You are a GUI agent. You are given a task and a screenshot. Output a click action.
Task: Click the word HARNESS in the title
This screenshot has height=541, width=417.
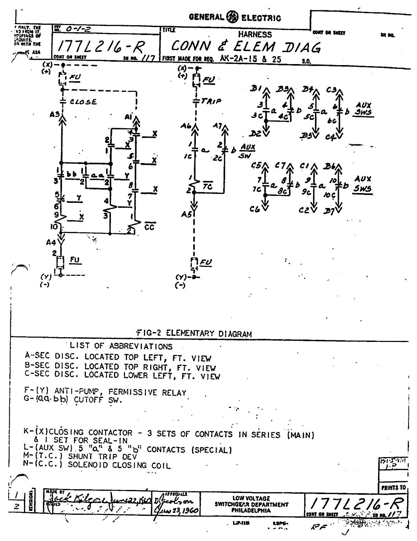pos(255,34)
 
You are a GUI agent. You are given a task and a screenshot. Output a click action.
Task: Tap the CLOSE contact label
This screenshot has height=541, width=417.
pos(83,102)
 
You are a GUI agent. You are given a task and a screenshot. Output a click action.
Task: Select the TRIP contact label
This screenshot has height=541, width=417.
pos(211,101)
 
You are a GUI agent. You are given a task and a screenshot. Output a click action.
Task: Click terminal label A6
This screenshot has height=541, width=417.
pos(186,126)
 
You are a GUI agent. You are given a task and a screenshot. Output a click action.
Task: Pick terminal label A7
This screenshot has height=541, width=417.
pos(218,126)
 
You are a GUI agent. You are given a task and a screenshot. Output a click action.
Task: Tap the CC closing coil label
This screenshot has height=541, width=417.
pos(150,227)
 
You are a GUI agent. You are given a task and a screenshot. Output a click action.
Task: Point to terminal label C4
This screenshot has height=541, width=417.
pos(330,137)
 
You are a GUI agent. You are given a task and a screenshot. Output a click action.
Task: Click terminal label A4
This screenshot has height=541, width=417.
pos(51,243)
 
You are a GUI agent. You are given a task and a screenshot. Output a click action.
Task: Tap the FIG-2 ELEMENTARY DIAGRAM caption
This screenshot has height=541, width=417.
pos(194,333)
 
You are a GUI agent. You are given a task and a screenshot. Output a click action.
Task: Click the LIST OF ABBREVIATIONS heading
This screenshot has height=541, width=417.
pos(121,346)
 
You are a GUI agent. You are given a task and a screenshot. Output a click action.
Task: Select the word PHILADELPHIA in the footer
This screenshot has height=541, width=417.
pos(251,510)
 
